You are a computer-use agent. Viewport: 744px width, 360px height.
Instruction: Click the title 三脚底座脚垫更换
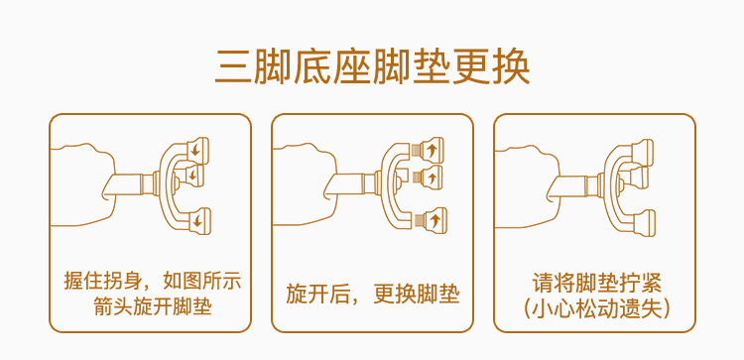coord(372,66)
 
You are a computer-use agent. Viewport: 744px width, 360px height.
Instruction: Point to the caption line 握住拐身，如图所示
coord(150,281)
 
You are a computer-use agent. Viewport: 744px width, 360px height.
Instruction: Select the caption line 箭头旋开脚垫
coord(150,307)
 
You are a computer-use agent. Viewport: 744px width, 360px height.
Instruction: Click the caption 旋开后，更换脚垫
coord(372,295)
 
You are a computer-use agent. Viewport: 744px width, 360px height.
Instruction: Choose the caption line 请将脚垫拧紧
coord(595,281)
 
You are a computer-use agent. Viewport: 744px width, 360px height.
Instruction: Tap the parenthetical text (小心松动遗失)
coord(595,308)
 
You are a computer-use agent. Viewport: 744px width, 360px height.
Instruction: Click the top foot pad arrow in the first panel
coord(196,150)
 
